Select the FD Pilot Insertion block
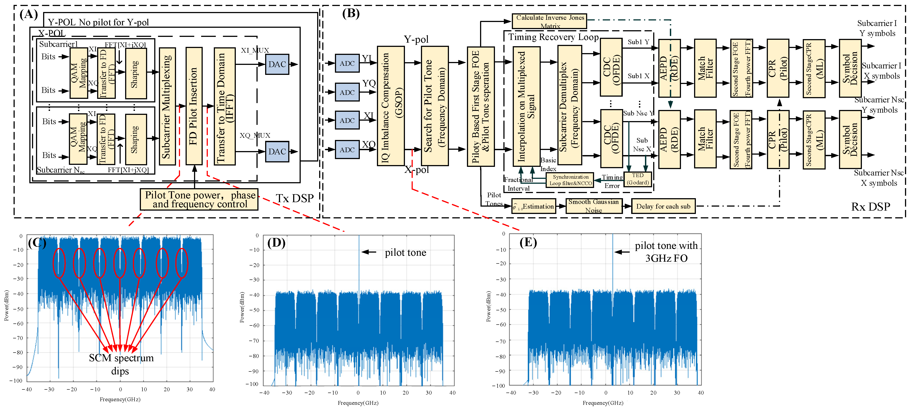coord(194,106)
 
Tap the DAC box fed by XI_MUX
coord(277,64)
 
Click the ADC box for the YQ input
coord(347,92)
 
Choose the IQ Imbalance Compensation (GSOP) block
coord(390,106)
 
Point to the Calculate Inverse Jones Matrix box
coord(549,21)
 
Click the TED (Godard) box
coord(638,179)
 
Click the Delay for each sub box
coord(663,206)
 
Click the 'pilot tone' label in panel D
coord(405,252)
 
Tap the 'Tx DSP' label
coord(294,198)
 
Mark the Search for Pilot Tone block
coord(435,106)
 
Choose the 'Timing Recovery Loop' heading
coord(553,37)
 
